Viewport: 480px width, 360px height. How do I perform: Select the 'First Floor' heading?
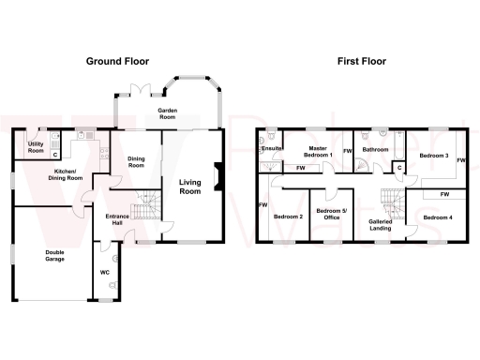click(x=362, y=61)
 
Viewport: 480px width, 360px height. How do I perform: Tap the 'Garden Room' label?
click(x=168, y=112)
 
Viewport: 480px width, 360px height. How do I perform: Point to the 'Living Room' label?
click(x=190, y=186)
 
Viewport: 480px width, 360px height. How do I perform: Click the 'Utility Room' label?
click(x=36, y=147)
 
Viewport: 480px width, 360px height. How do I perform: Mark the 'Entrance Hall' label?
click(x=116, y=219)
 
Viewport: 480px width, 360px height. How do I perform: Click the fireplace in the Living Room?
click(x=217, y=176)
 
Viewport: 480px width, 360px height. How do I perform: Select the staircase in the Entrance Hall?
click(x=142, y=212)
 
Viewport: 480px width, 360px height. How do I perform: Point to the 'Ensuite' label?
click(x=273, y=149)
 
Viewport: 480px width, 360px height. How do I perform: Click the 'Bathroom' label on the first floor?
click(x=376, y=149)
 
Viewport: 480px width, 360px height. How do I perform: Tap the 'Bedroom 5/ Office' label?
click(x=330, y=215)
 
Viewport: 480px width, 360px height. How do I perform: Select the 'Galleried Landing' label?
click(x=381, y=225)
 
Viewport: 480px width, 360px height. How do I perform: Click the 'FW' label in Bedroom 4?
click(x=443, y=194)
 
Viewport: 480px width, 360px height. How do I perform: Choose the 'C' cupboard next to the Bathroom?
click(x=399, y=168)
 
